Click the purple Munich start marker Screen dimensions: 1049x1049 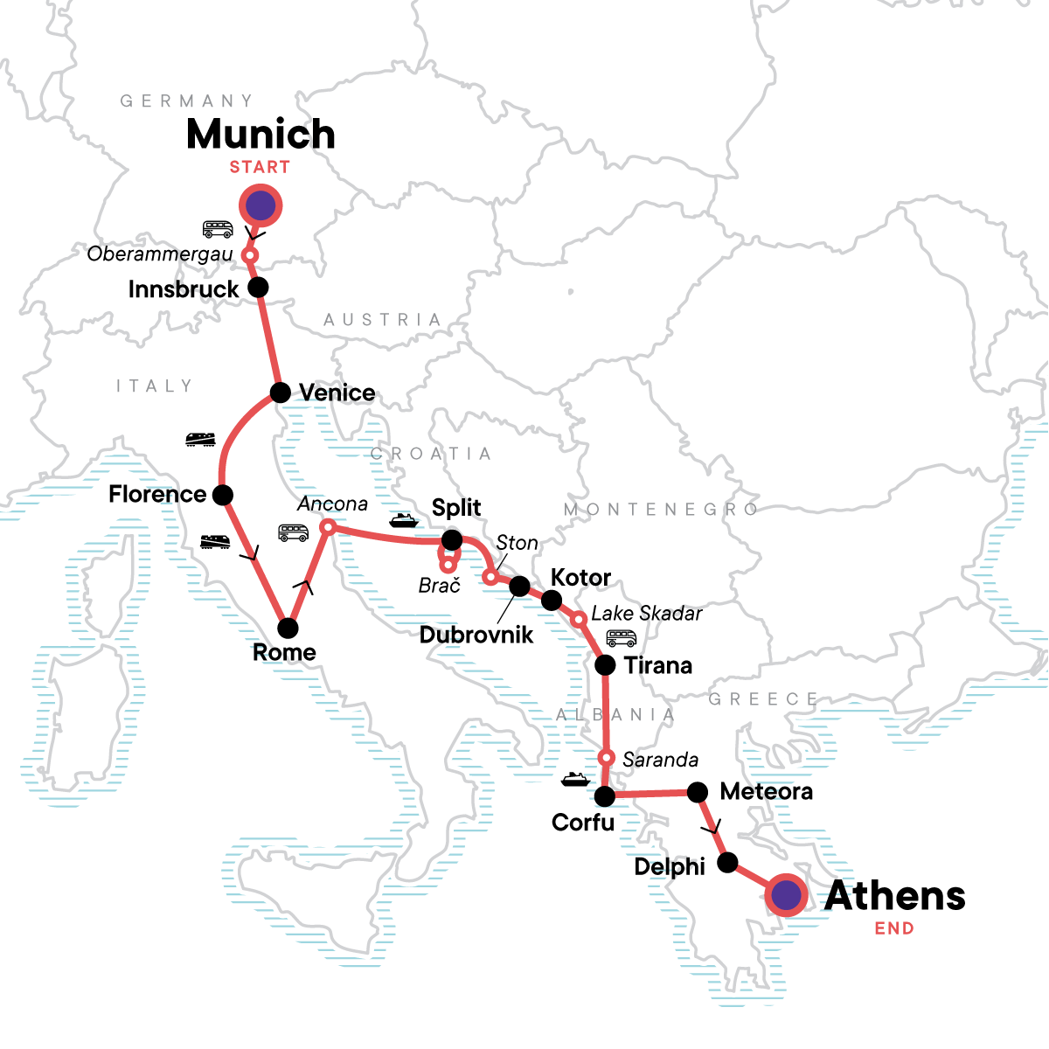(x=261, y=206)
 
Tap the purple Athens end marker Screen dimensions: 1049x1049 (x=786, y=895)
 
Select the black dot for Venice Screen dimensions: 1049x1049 (x=281, y=392)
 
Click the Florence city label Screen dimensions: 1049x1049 (x=157, y=494)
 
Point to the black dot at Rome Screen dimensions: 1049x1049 (x=288, y=628)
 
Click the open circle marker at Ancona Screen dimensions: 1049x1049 (x=328, y=527)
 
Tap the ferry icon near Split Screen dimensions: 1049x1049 (x=404, y=520)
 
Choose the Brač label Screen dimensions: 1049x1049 (x=439, y=586)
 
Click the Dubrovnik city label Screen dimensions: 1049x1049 (x=476, y=635)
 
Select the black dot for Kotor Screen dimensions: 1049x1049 (x=552, y=600)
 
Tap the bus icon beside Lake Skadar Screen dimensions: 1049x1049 (x=622, y=638)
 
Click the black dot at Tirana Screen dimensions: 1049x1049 (x=605, y=665)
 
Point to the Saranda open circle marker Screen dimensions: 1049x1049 (x=605, y=757)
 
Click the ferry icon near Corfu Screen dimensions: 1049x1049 (x=574, y=778)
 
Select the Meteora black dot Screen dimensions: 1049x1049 (x=698, y=792)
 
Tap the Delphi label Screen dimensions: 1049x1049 (x=670, y=866)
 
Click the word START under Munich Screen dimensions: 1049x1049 (x=260, y=167)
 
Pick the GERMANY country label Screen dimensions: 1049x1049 (x=187, y=101)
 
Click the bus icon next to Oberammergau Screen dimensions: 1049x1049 (x=218, y=229)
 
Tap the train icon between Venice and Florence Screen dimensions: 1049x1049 (x=201, y=439)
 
